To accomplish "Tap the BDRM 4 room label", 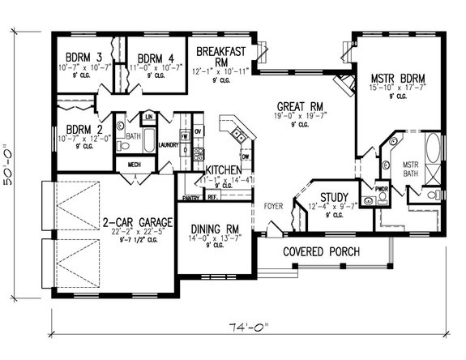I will coord(156,58).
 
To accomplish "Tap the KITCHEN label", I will coord(223,169).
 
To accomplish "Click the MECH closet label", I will coord(131,166).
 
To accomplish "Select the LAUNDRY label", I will coord(169,145).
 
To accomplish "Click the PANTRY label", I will coord(191,197).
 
